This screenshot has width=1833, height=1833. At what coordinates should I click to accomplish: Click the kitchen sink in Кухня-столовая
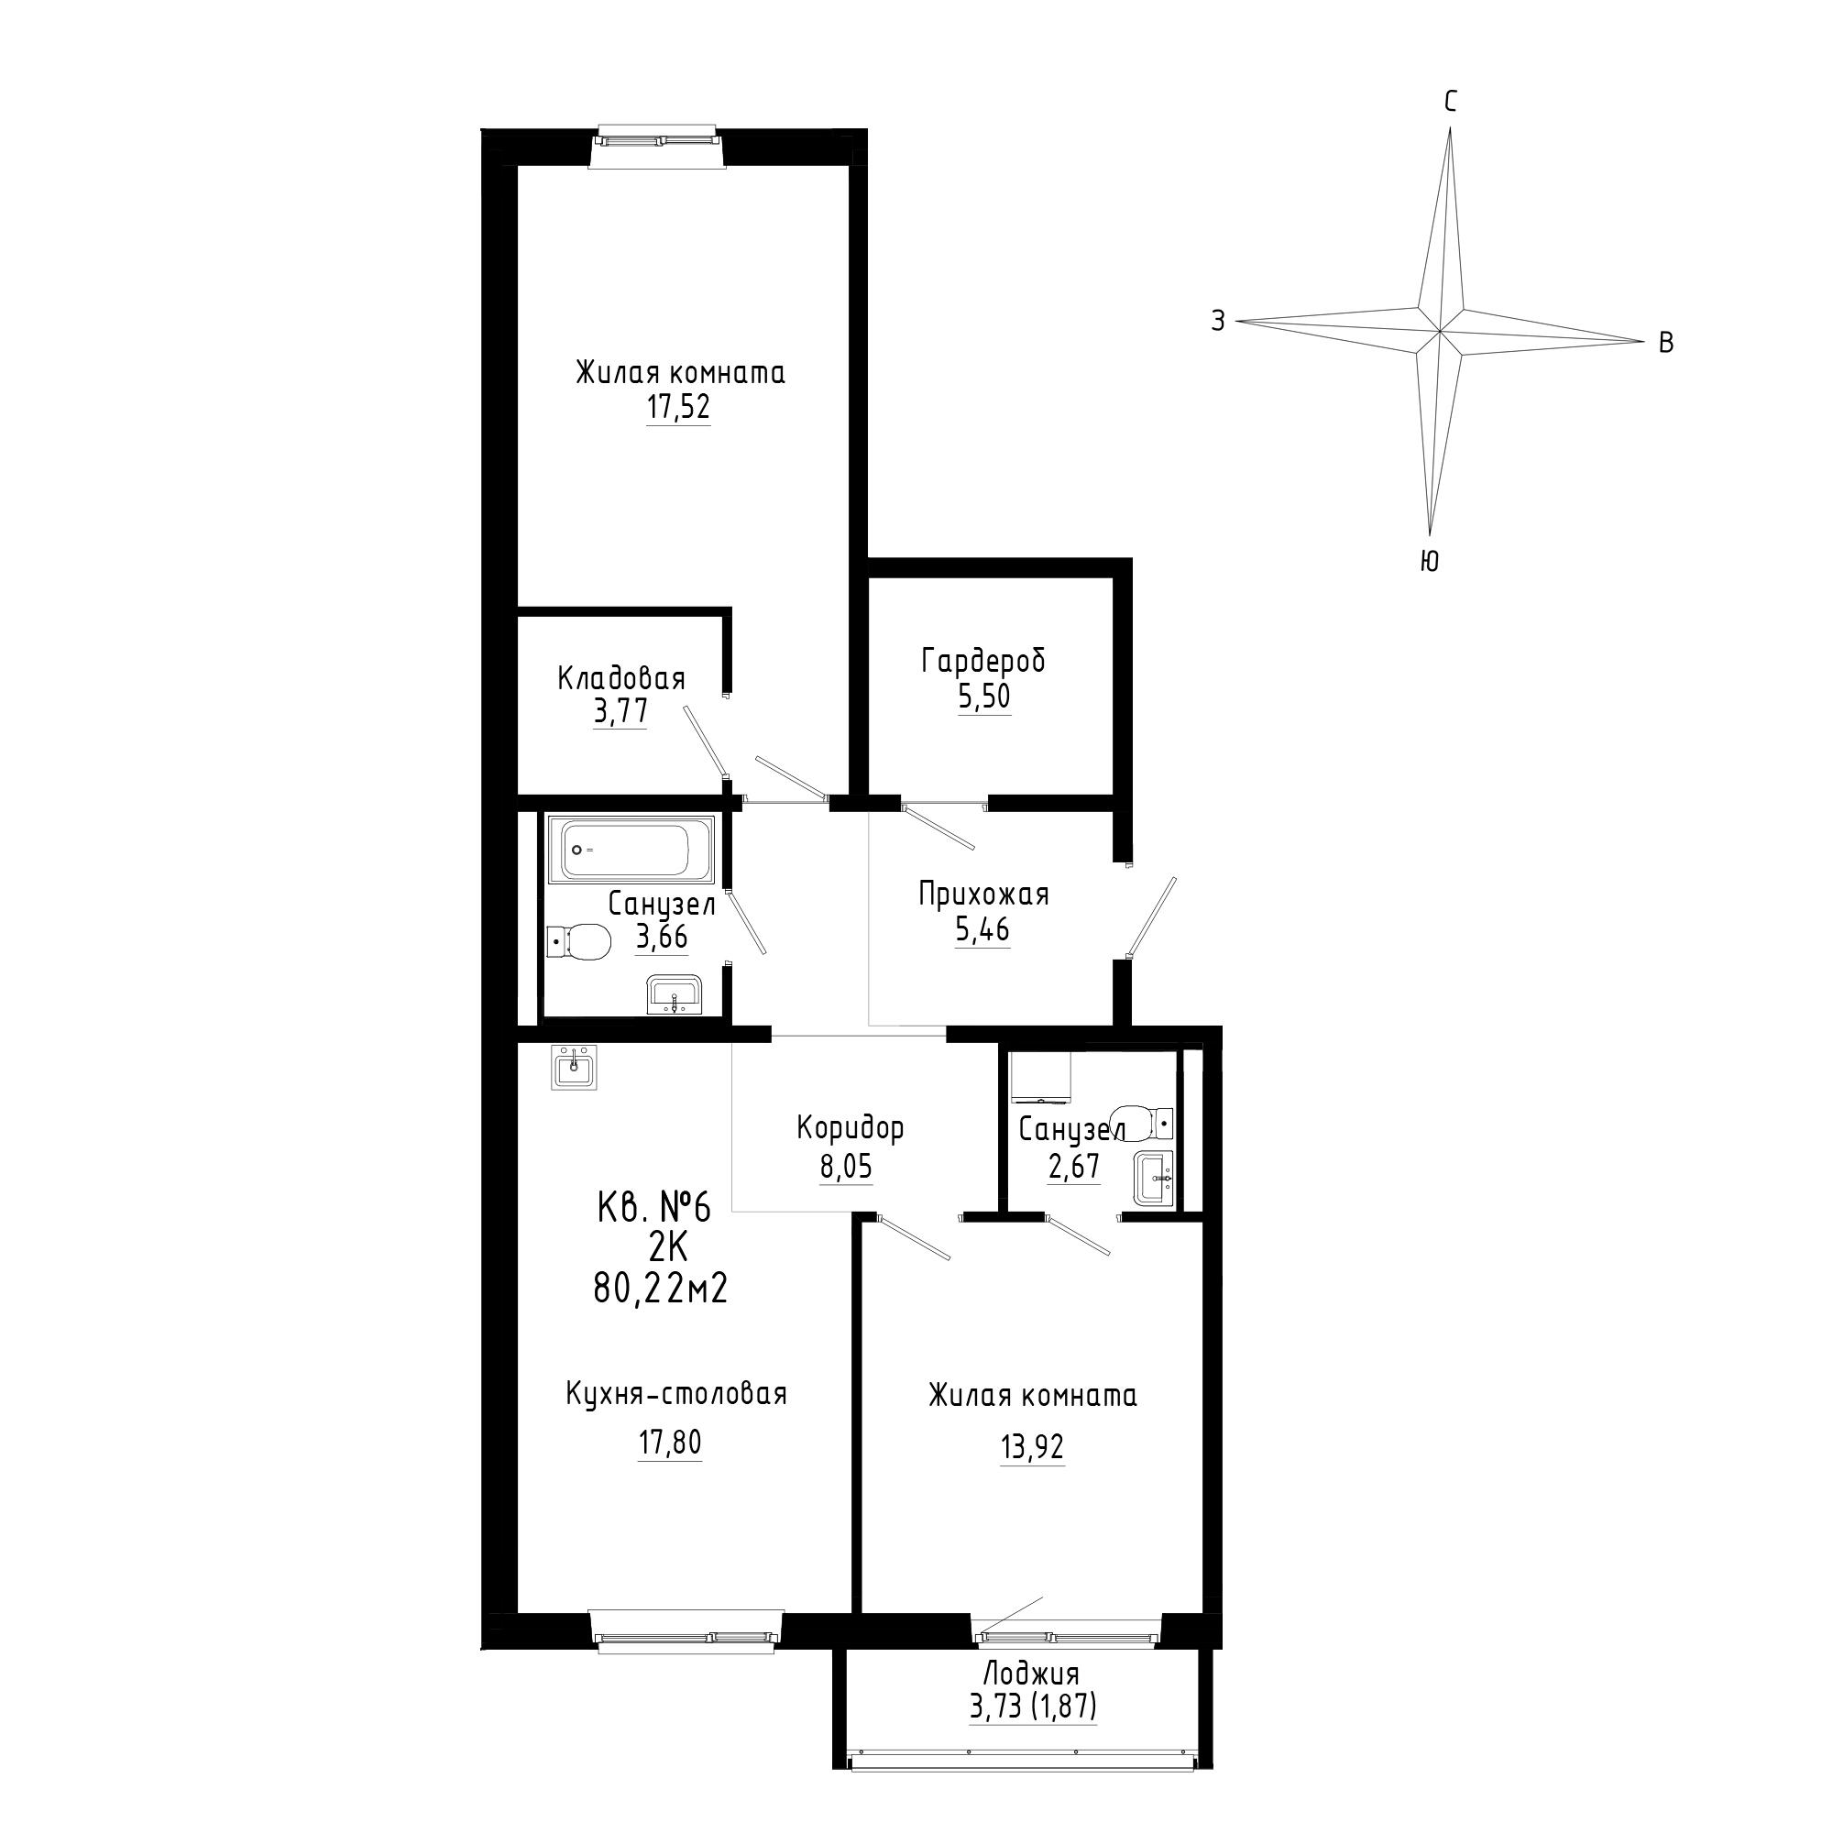[x=574, y=1069]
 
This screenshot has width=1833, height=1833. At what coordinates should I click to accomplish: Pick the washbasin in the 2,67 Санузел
[x=1154, y=1179]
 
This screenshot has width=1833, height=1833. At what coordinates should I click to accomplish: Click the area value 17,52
[x=678, y=408]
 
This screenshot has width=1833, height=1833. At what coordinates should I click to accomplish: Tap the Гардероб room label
[x=982, y=660]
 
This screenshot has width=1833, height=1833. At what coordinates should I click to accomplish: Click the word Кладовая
[x=621, y=678]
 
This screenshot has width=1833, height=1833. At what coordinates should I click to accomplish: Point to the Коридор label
[x=851, y=1128]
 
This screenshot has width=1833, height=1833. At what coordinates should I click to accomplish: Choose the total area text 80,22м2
[x=660, y=1290]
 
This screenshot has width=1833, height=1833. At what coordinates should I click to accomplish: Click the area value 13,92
[x=1032, y=1448]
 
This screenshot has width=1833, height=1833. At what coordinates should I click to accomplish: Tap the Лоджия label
[x=1031, y=1673]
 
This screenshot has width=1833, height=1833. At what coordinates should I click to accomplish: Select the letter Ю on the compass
[x=1430, y=563]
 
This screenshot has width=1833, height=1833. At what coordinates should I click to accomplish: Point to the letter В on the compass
[x=1666, y=344]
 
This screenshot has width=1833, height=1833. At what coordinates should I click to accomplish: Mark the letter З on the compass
[x=1218, y=321]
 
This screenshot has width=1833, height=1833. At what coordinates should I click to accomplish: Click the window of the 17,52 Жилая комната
[x=656, y=141]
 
